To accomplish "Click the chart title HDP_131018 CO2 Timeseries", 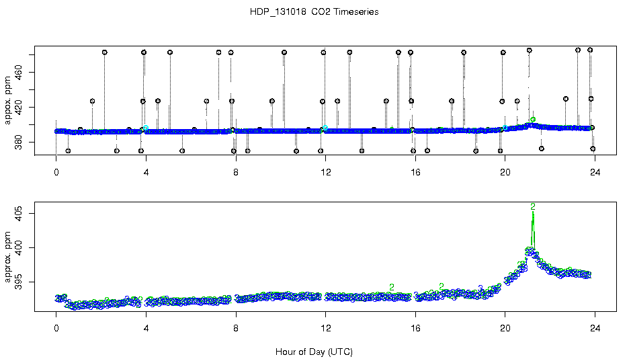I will coord(314,12).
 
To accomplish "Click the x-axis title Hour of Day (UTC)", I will coord(314,352).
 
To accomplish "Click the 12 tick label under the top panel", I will coord(325,171).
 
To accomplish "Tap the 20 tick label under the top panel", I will coord(505,171).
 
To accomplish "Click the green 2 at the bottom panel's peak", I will coord(533,206).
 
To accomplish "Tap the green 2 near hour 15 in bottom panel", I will coord(391,287).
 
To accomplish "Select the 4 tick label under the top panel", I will coord(146,171).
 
